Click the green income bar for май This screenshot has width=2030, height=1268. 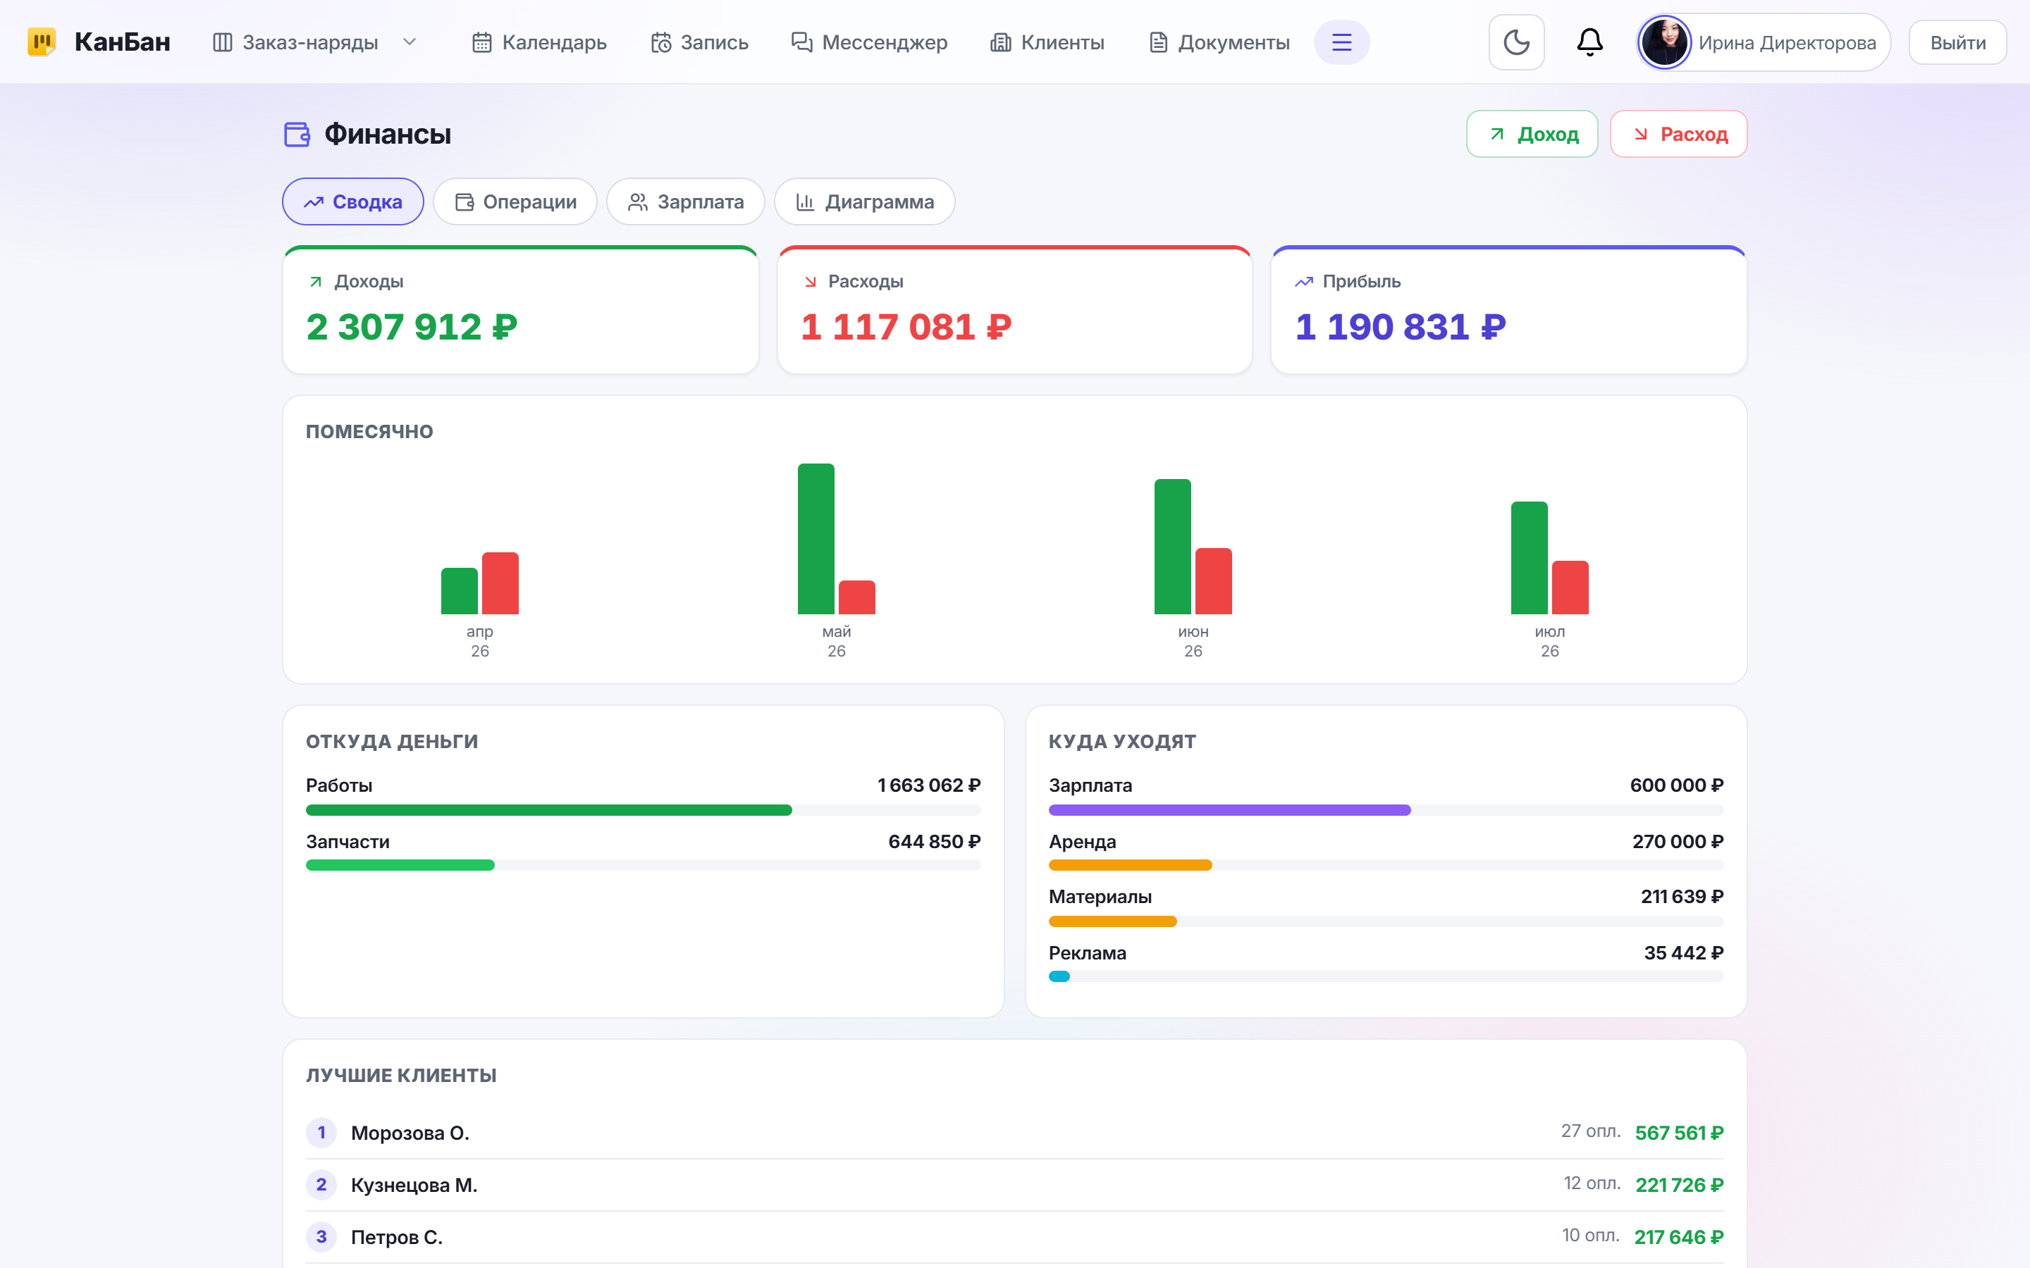click(816, 538)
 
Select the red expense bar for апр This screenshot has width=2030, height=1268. click(500, 583)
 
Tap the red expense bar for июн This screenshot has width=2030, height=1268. click(1213, 580)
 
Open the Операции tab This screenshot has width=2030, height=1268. click(515, 201)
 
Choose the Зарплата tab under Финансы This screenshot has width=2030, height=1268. click(685, 201)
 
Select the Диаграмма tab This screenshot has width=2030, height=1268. click(864, 201)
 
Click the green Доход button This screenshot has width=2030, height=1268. click(1532, 134)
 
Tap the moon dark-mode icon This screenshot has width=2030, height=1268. click(1515, 42)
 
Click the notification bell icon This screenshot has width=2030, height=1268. click(1589, 42)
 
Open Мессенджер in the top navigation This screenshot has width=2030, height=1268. click(869, 43)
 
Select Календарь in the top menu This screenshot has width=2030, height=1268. click(539, 43)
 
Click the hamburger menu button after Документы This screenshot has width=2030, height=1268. click(1341, 42)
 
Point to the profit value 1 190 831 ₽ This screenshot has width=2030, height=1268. click(1400, 327)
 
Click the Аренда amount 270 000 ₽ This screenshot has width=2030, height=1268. click(1678, 841)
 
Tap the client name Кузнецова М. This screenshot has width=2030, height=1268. click(414, 1185)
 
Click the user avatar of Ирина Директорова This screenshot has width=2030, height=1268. click(1664, 42)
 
